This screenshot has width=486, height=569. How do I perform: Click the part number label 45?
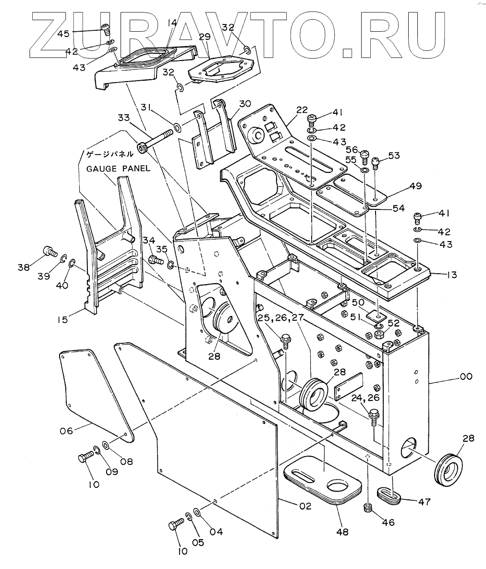click(64, 33)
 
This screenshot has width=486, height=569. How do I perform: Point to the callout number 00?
click(452, 377)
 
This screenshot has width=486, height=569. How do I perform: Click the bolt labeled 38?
click(49, 251)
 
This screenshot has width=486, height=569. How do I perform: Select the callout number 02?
click(304, 506)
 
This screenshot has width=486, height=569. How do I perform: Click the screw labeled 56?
click(364, 155)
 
